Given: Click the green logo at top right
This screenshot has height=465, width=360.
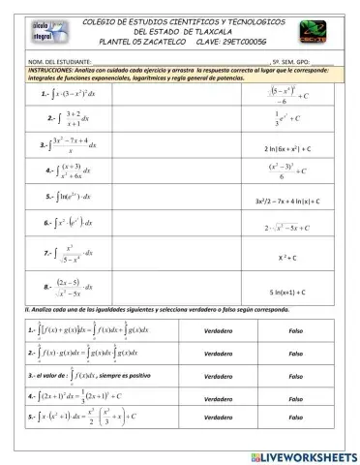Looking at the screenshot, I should click(x=315, y=30).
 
